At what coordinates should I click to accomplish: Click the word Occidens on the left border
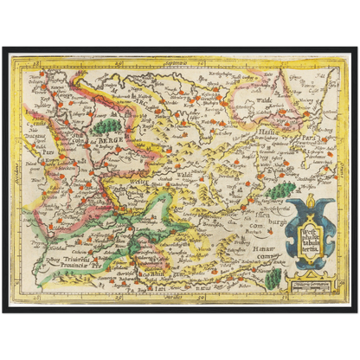[15, 173]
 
